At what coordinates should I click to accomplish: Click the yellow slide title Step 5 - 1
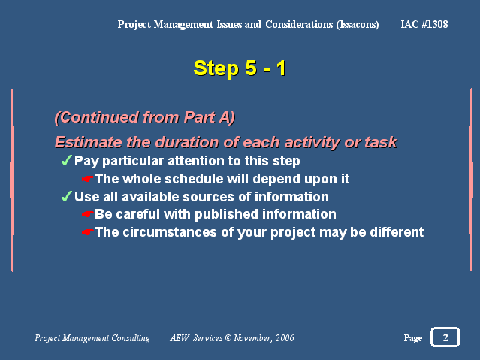pos(240,68)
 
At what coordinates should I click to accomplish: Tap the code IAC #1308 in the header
pos(424,24)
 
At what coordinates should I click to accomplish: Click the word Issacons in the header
pos(358,25)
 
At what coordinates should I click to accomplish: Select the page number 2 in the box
pos(445,337)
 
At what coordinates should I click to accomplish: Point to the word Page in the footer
pos(413,338)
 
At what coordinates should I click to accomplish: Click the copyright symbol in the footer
pos(228,337)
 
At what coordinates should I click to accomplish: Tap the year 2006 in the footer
pos(285,337)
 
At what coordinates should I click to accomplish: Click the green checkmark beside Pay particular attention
pos(67,160)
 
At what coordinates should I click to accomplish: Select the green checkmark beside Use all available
pos(67,196)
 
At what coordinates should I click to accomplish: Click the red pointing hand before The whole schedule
pos(88,179)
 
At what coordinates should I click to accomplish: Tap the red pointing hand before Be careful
pos(88,214)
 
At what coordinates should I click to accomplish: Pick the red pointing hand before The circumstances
pos(88,232)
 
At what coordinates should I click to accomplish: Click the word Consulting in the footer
pos(131,338)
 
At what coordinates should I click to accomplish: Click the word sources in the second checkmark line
pos(208,197)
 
